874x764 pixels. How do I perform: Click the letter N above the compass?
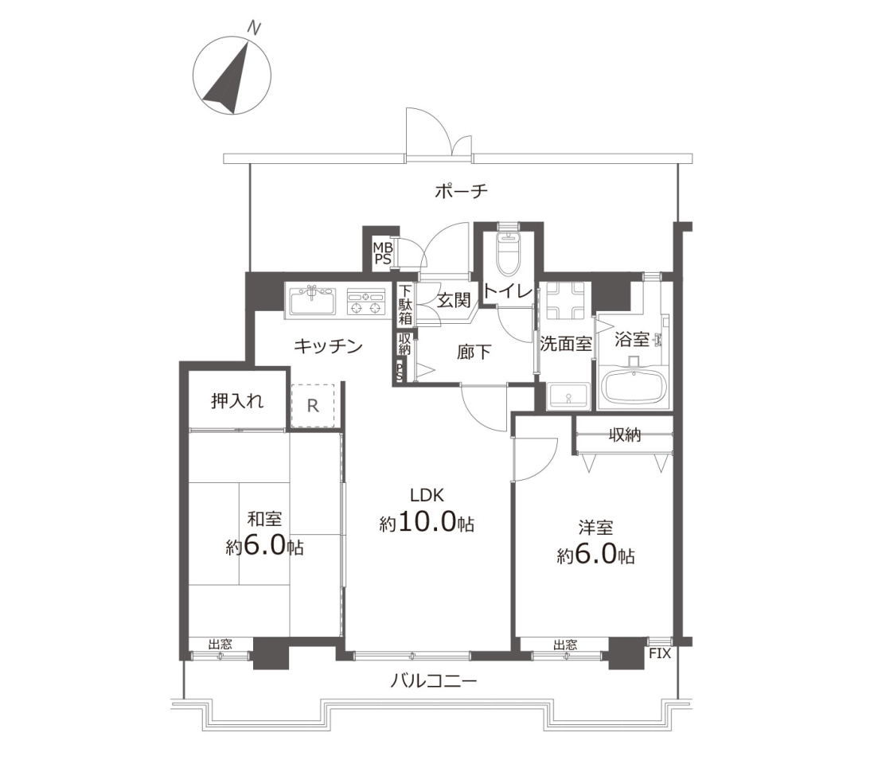click(254, 29)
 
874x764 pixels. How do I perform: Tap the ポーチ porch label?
click(461, 192)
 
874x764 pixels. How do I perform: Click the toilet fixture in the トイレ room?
click(508, 254)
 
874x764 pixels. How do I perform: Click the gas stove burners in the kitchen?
click(367, 302)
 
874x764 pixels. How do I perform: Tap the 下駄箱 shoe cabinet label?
click(405, 304)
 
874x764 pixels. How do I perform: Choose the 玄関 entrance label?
click(454, 300)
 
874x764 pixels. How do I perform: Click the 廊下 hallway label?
click(474, 352)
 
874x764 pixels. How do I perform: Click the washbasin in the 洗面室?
click(568, 396)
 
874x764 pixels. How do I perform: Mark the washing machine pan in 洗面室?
click(564, 300)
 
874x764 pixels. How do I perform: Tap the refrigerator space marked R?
click(313, 406)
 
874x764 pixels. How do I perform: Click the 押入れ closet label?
click(237, 400)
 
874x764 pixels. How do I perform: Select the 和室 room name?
click(264, 520)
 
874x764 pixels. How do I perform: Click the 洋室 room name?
click(595, 527)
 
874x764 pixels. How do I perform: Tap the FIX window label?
click(659, 653)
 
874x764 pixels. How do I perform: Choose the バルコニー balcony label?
click(433, 681)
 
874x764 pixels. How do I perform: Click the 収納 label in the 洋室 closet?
click(624, 435)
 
